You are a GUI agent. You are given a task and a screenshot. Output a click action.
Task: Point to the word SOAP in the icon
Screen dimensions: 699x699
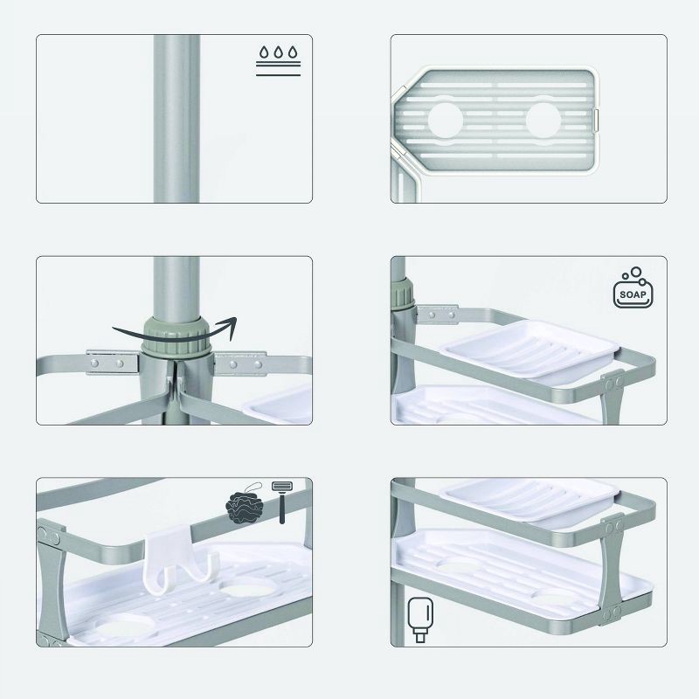click(633, 294)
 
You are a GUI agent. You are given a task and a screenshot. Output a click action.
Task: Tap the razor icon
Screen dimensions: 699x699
click(281, 500)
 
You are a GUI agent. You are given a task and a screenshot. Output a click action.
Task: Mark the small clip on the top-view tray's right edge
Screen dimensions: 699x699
click(599, 121)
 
